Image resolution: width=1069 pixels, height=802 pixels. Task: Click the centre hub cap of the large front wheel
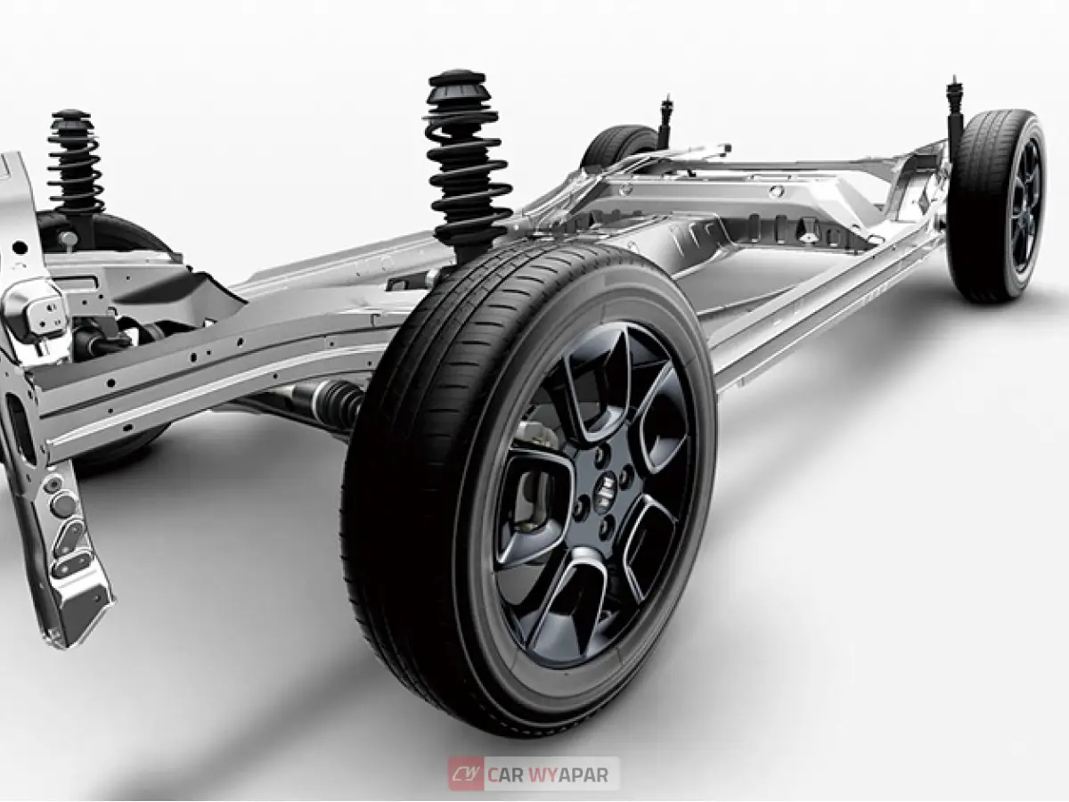(606, 487)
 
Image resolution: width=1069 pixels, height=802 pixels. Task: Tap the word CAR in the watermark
(505, 774)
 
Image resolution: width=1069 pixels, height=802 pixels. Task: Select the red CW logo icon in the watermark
(466, 773)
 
